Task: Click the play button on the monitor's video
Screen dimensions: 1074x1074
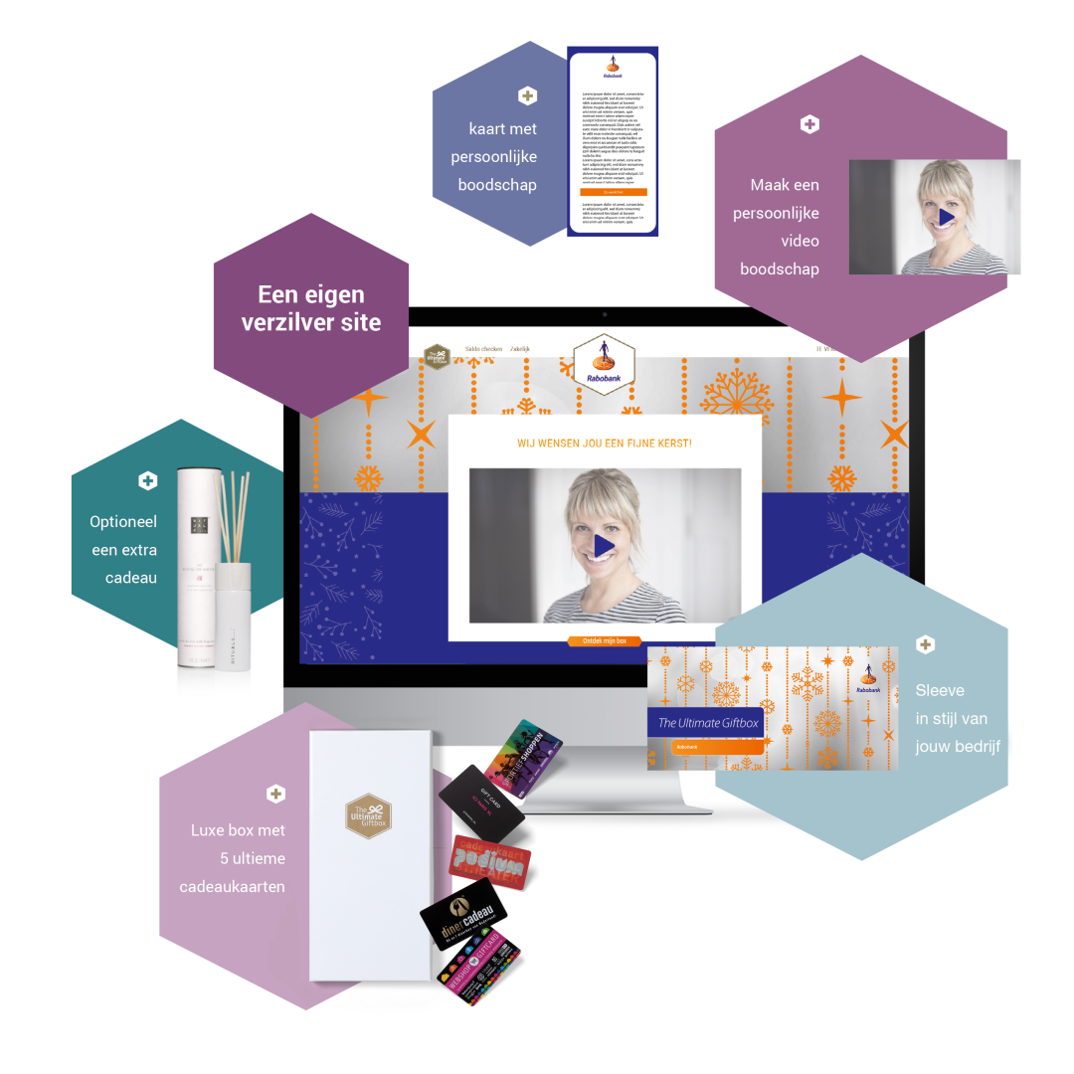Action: (605, 545)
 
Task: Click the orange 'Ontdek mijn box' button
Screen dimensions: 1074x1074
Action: (605, 641)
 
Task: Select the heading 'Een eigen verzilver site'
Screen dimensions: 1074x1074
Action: (310, 307)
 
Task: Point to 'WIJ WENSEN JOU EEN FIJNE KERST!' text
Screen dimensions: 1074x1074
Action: (605, 442)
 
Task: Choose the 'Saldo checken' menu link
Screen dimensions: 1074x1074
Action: (482, 349)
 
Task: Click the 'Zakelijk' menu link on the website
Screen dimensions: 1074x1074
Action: (520, 349)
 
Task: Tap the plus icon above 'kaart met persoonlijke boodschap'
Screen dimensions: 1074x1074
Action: (527, 95)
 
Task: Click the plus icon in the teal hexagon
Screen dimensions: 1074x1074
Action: (147, 481)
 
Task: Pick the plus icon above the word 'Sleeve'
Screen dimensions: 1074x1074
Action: (925, 644)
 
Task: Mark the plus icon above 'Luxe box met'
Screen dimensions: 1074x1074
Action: (275, 794)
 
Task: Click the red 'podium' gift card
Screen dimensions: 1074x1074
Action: (489, 860)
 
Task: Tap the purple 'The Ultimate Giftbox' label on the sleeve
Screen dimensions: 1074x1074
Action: (708, 723)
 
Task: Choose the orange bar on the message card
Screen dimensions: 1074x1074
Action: (613, 192)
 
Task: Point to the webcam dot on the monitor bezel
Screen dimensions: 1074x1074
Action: (604, 314)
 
